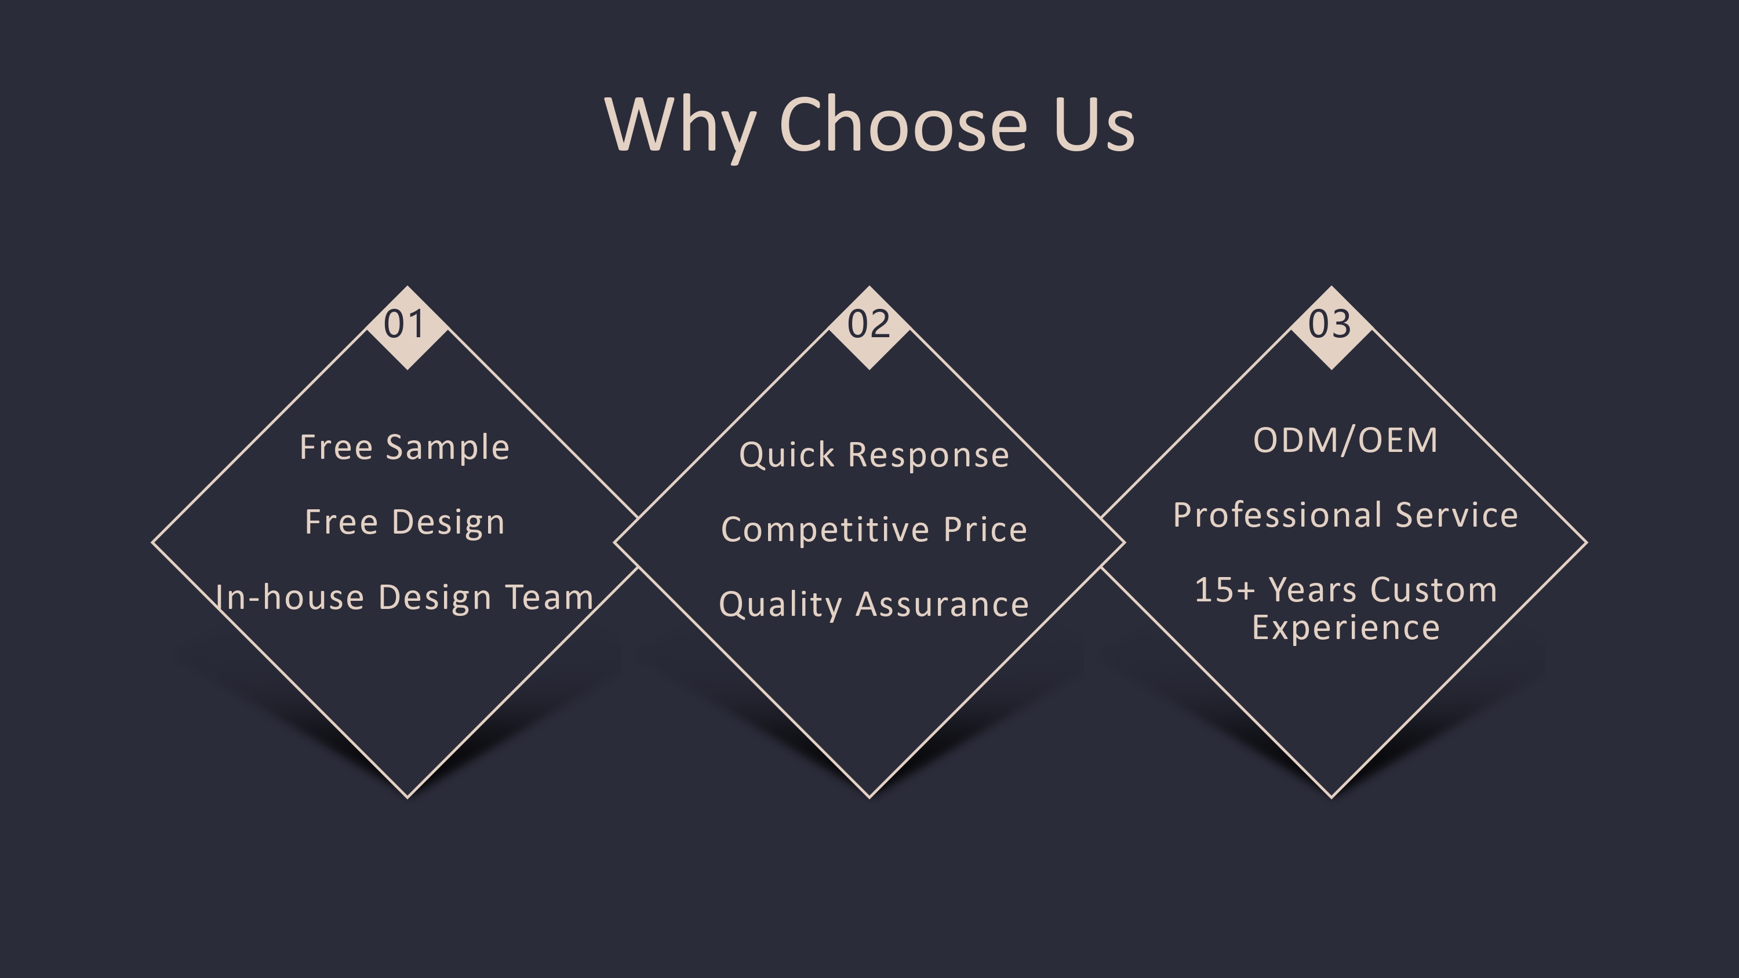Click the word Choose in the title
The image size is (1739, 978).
(903, 124)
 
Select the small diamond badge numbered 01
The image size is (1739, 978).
(407, 327)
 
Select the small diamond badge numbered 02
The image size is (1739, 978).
(869, 327)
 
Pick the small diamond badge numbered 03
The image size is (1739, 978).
(1330, 327)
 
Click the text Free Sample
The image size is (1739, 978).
(405, 447)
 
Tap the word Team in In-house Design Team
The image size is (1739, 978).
(549, 597)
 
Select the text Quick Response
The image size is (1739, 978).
(874, 454)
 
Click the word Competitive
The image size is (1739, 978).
(827, 529)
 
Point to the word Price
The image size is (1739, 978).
(985, 529)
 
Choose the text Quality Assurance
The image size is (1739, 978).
(874, 604)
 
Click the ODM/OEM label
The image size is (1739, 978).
(1345, 440)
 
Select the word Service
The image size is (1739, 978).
(1457, 515)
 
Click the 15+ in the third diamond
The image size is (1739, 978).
(1225, 590)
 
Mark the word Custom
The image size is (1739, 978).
(1434, 590)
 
